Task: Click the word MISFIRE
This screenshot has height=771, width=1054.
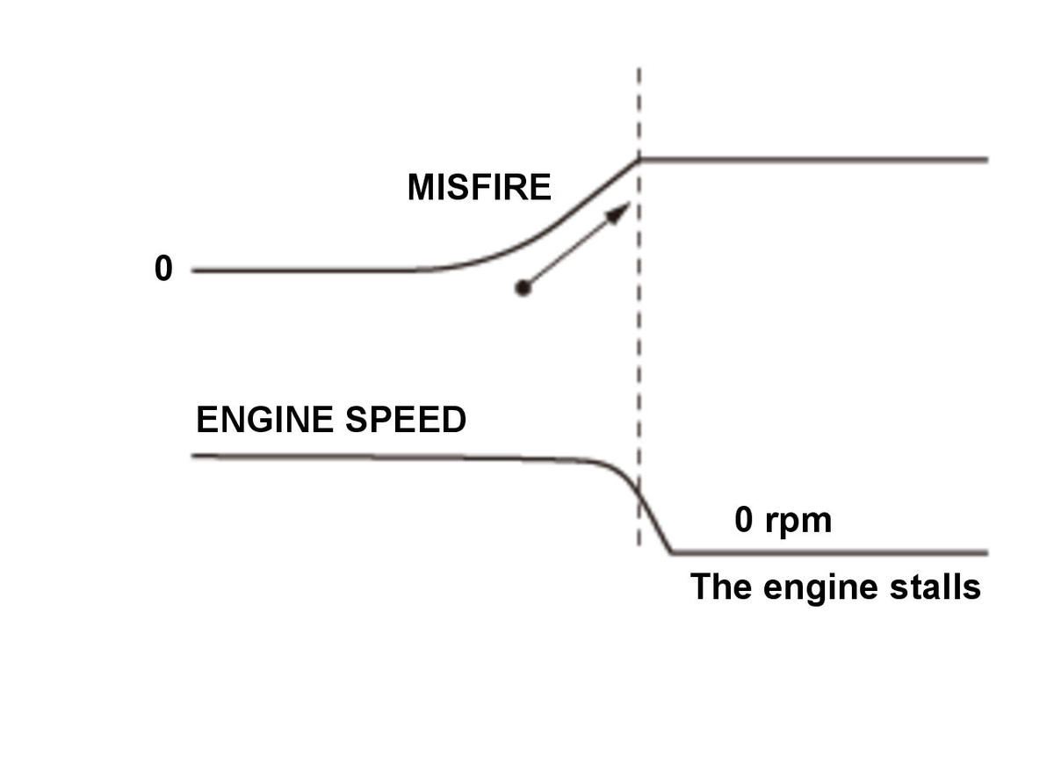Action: tap(479, 187)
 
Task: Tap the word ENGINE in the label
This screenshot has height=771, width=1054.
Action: tap(265, 419)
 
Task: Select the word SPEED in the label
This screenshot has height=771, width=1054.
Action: tap(406, 419)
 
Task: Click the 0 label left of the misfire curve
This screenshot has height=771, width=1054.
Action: tap(163, 269)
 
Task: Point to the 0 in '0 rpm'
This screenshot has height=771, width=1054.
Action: tap(743, 520)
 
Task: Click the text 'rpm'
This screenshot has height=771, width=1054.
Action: tap(798, 522)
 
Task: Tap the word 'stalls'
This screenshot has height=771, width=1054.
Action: tap(935, 587)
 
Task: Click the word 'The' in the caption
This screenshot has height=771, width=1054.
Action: tap(721, 587)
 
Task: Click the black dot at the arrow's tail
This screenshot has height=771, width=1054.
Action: tap(523, 288)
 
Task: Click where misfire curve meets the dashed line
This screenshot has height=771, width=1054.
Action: tap(639, 161)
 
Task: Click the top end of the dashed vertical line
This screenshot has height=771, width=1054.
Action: tap(639, 69)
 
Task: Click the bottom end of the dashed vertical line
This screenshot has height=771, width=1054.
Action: tap(639, 545)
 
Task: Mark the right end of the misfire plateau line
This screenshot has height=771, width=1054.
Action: tap(987, 161)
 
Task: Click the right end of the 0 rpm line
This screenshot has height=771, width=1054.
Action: tap(987, 553)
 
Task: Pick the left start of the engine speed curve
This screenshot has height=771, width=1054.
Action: tap(192, 456)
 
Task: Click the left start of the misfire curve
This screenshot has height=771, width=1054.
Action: tap(192, 271)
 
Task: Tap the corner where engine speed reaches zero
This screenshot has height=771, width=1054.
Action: tap(671, 553)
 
